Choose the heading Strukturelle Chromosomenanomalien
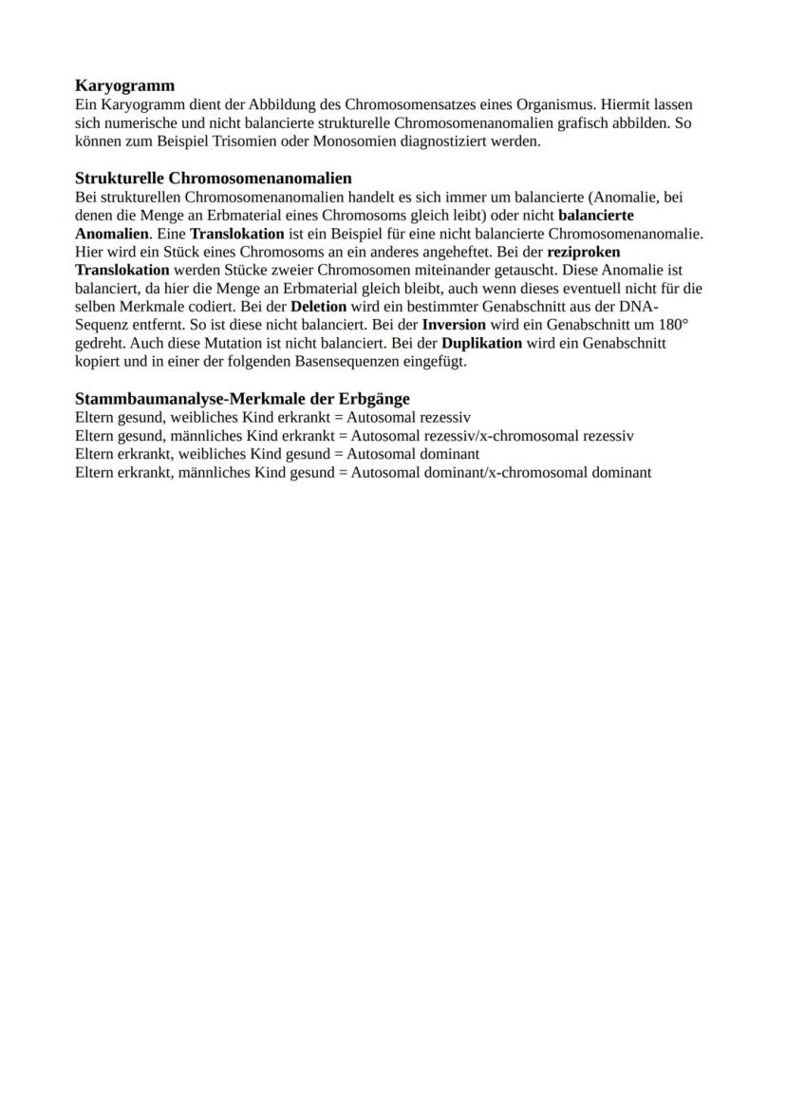(x=214, y=178)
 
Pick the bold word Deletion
(x=319, y=307)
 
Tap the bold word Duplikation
(x=482, y=343)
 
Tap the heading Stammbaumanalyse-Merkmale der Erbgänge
(x=242, y=399)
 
